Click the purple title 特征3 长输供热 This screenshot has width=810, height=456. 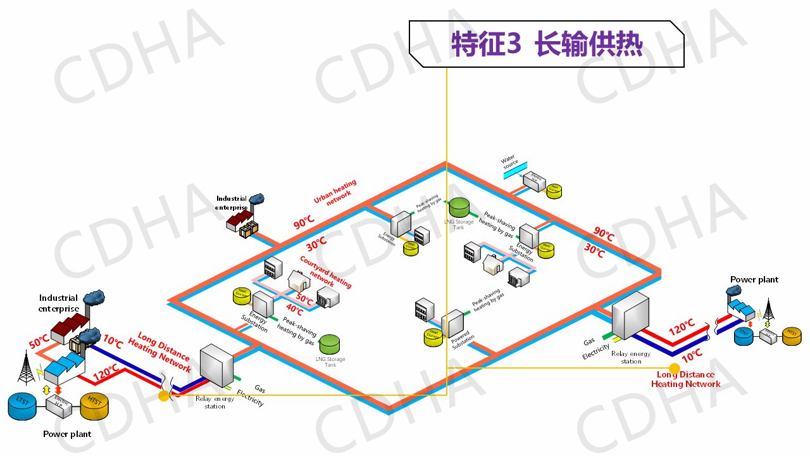(547, 44)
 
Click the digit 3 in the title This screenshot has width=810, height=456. (513, 45)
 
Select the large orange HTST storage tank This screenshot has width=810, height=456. (95, 406)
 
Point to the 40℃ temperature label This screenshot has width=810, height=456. (294, 310)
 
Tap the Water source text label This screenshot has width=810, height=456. (509, 162)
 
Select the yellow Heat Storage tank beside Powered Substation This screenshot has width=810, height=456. (433, 338)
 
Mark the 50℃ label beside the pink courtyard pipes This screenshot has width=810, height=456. (305, 299)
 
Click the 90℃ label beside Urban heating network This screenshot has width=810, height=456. (304, 223)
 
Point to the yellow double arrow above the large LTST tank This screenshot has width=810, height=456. (46, 389)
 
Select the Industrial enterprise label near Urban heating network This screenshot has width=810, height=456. (231, 203)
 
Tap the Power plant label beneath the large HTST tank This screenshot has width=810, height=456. (67, 434)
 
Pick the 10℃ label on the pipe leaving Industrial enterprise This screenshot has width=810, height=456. (113, 343)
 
